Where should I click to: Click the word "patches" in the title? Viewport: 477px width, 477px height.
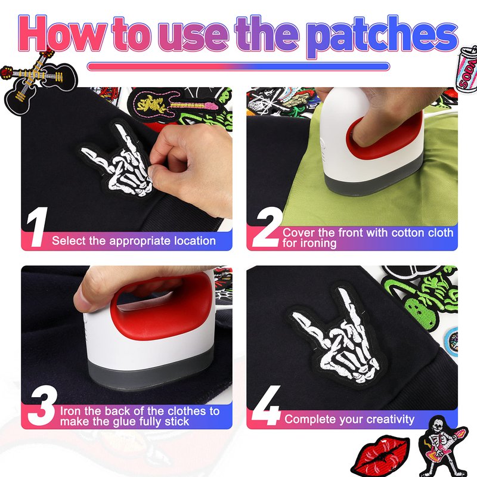[382, 36]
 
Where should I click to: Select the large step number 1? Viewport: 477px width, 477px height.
[38, 227]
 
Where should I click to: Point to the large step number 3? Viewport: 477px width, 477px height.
[42, 405]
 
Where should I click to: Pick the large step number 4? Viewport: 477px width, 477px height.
[267, 405]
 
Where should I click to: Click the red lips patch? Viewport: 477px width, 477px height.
[379, 454]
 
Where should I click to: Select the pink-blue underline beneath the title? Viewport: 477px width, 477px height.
[238, 66]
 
